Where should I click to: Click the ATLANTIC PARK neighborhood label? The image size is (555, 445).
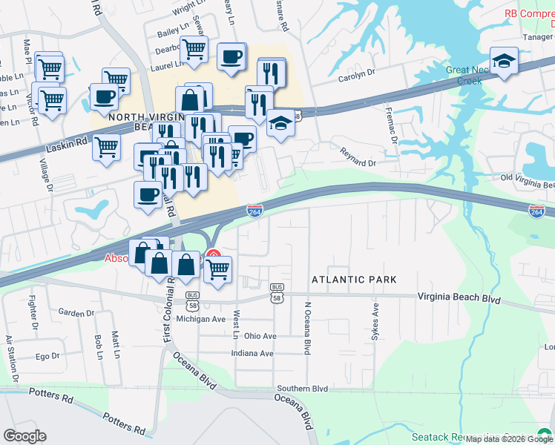(x=354, y=280)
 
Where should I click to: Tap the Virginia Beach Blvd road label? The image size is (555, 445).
(x=459, y=297)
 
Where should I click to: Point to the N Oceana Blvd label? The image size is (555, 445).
(x=306, y=327)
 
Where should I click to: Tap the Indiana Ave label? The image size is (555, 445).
(x=252, y=353)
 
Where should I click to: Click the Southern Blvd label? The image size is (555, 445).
(x=302, y=389)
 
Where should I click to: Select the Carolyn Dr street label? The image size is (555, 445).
(x=358, y=76)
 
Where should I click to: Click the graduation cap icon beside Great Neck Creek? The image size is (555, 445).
(x=505, y=62)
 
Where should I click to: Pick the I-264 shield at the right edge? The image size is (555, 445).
(x=536, y=211)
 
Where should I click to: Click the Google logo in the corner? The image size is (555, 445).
(x=24, y=435)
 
